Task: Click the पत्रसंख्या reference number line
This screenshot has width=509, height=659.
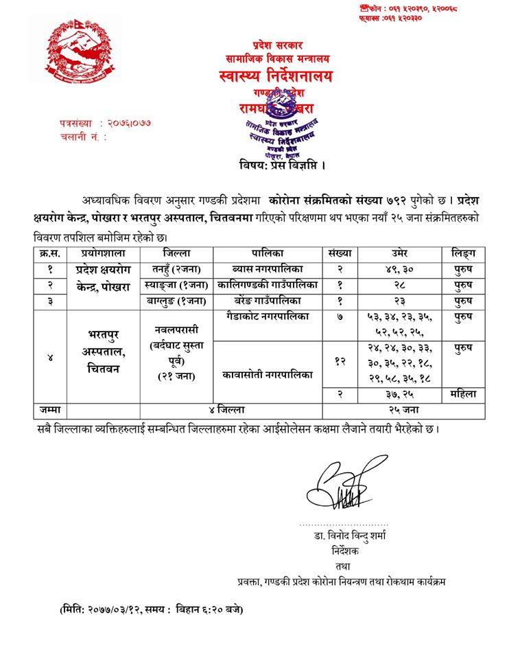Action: pos(106,123)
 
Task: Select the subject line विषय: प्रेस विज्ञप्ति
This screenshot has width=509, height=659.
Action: pos(283,165)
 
